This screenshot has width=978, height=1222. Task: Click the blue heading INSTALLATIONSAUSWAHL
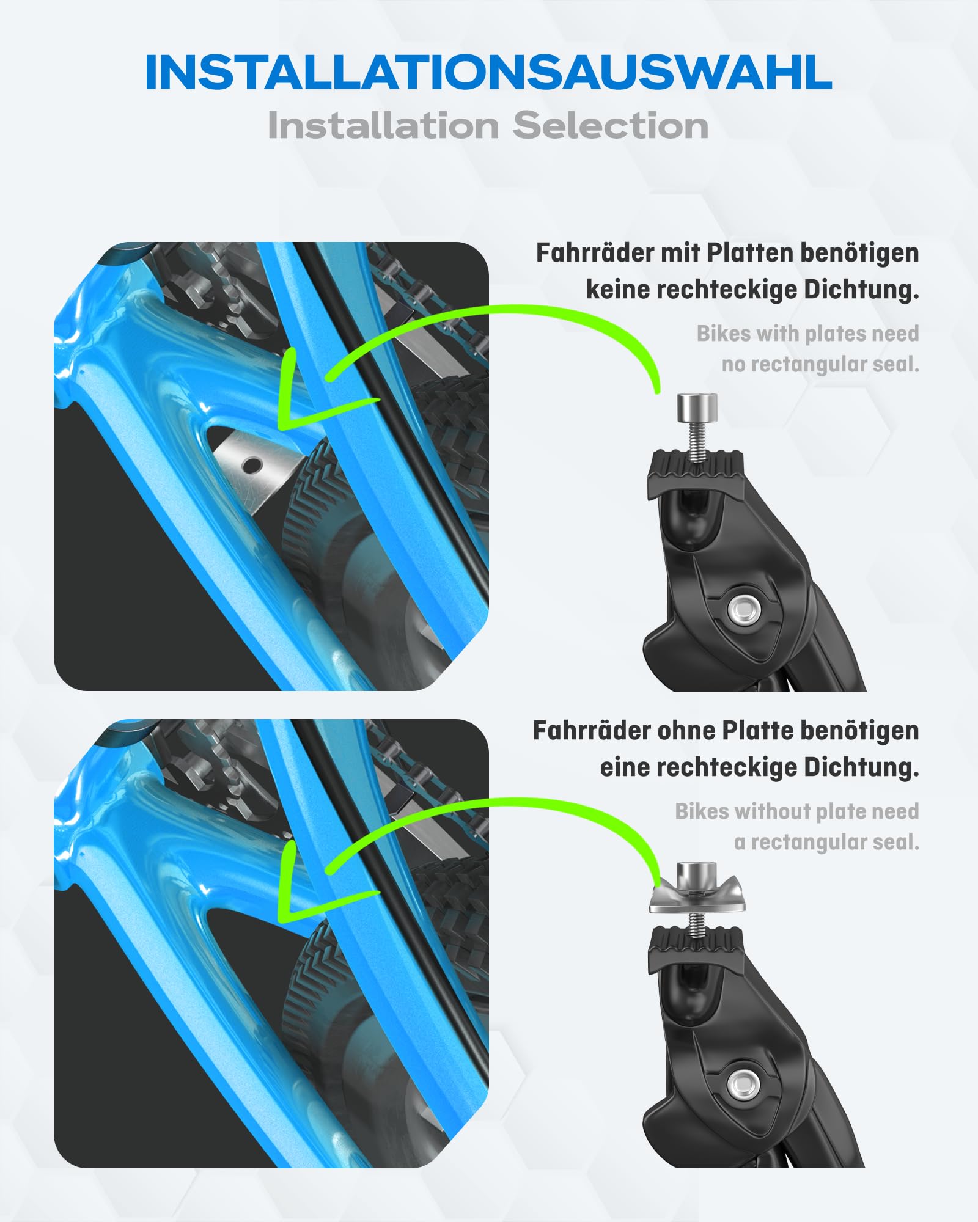click(x=488, y=72)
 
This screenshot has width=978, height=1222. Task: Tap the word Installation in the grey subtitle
click(x=383, y=126)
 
